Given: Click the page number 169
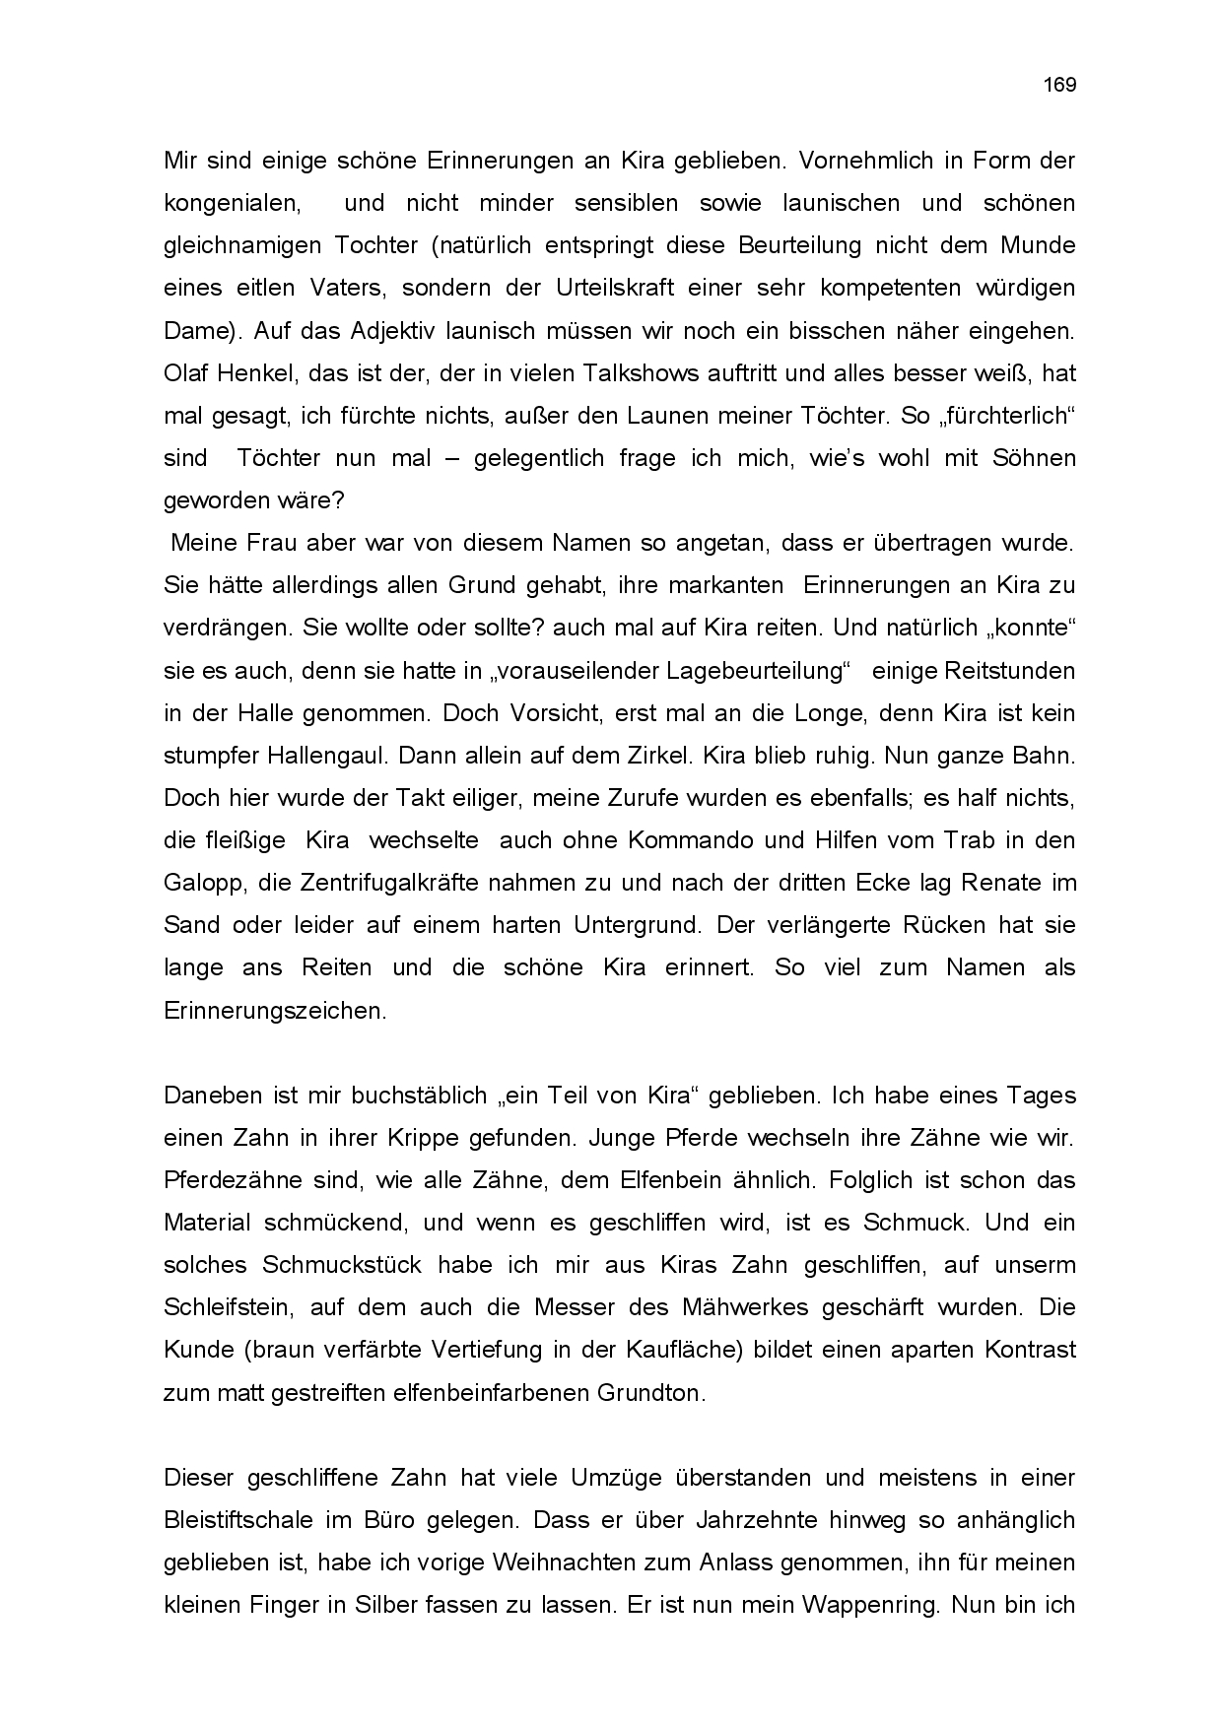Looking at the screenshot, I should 1060,85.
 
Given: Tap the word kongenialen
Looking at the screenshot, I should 233,204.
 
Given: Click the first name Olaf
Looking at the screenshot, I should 186,373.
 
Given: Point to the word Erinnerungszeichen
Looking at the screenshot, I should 275,1011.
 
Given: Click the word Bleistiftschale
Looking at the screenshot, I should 237,1520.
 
